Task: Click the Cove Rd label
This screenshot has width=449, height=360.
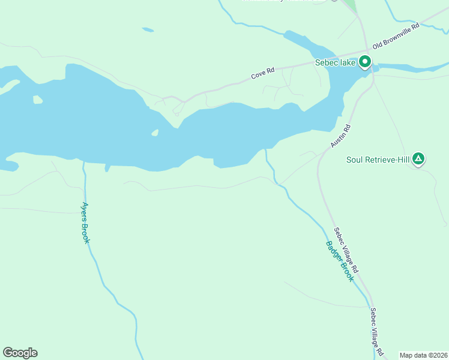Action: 262,73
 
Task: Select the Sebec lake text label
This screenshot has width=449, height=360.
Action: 336,62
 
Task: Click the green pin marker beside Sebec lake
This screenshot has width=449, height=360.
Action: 364,62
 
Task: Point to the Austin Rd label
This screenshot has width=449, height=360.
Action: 339,137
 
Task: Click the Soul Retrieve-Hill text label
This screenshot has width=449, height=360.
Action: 377,160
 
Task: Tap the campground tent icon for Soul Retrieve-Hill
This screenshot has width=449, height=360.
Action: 418,159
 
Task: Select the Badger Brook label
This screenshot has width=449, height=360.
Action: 340,261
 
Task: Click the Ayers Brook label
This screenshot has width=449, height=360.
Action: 86,221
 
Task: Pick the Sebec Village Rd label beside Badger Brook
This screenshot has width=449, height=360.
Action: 346,250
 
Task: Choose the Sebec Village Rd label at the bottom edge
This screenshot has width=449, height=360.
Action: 376,332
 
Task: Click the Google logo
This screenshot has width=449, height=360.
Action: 20,353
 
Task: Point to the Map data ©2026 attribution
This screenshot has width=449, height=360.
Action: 423,355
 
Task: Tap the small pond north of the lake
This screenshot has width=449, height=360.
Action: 148,29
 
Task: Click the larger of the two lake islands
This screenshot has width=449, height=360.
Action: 38,100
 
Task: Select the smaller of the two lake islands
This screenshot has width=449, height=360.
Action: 155,133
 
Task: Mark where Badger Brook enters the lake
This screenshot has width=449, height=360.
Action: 267,149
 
